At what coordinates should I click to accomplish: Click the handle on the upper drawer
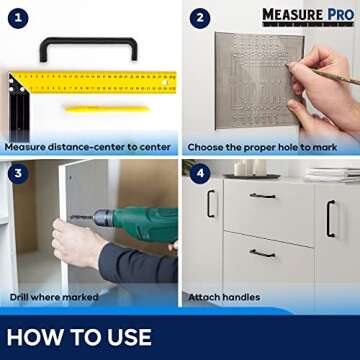pyautogui.click(x=262, y=195)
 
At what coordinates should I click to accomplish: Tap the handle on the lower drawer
pyautogui.click(x=262, y=253)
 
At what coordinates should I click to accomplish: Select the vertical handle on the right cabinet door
pyautogui.click(x=330, y=218)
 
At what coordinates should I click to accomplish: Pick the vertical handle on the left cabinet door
pyautogui.click(x=211, y=203)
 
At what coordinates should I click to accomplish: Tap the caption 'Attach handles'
pyautogui.click(x=224, y=297)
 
